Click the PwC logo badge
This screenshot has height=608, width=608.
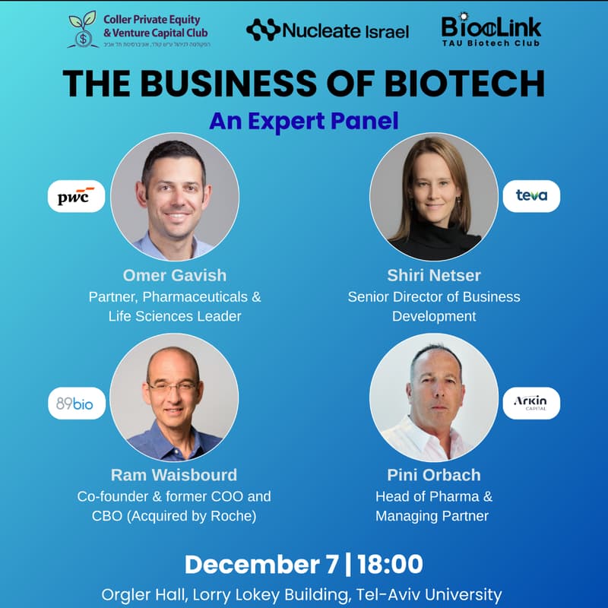tap(76, 196)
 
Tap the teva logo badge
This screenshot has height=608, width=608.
tap(531, 196)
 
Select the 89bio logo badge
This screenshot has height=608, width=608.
tap(75, 404)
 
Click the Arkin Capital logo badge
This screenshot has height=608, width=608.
tap(531, 403)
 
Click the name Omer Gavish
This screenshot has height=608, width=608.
tap(174, 275)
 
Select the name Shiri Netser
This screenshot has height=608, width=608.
tap(433, 275)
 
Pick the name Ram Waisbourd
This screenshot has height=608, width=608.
tap(174, 475)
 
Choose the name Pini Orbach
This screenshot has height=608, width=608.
tap(433, 475)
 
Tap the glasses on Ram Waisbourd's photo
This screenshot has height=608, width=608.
tap(173, 388)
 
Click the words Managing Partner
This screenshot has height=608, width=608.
tap(433, 517)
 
